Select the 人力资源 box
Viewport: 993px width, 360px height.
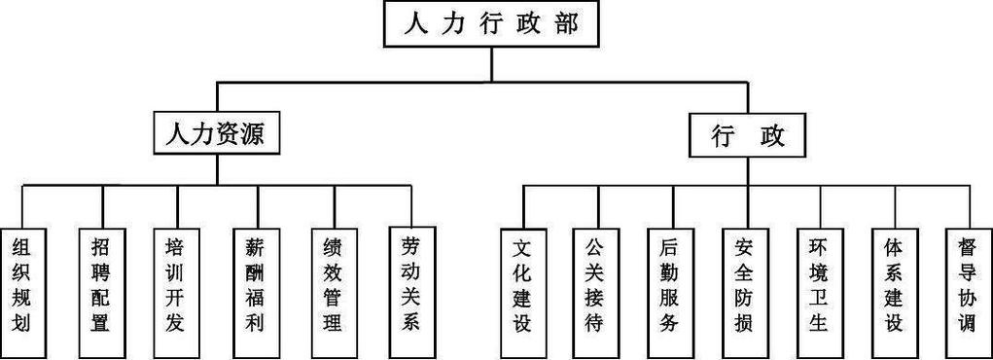pyautogui.click(x=217, y=133)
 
